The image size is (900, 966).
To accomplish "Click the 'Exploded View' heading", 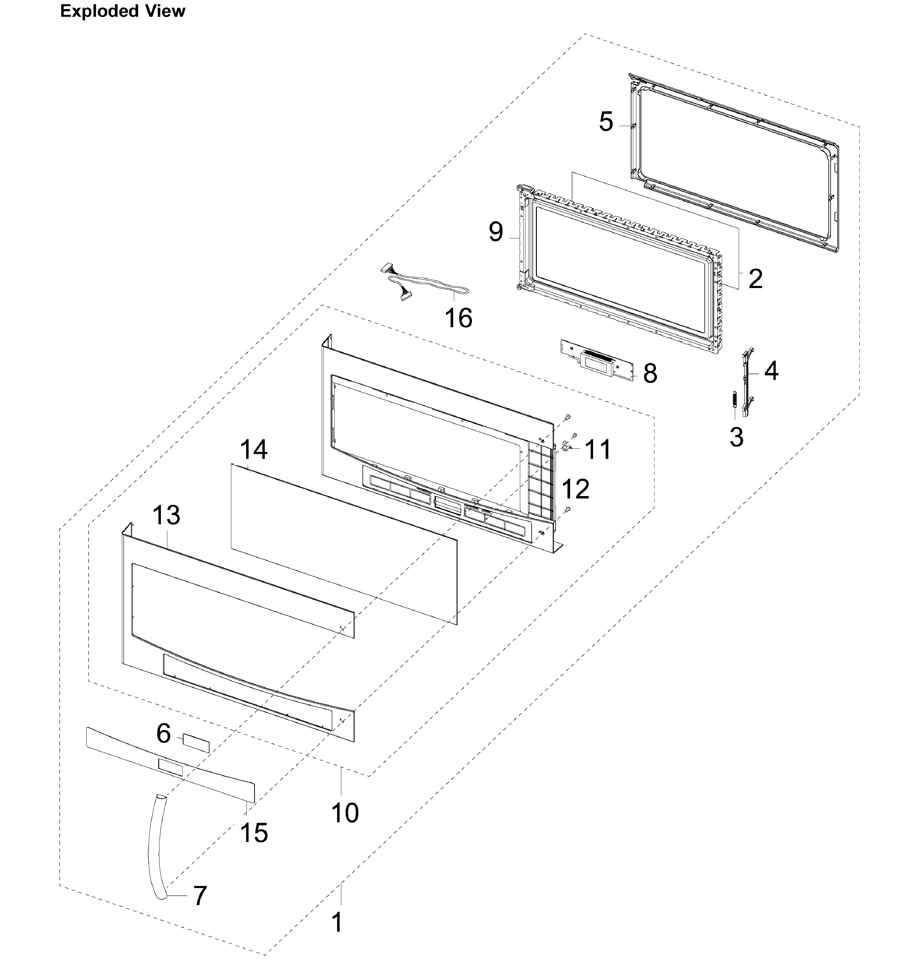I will click(122, 11).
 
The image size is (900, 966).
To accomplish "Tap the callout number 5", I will click(606, 122).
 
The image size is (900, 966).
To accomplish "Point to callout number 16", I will click(458, 318).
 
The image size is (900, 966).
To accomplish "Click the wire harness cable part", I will click(427, 287).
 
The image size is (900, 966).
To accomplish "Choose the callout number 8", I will click(650, 373).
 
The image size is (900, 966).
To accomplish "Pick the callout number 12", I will click(576, 488).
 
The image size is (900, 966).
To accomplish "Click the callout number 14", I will click(253, 449).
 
